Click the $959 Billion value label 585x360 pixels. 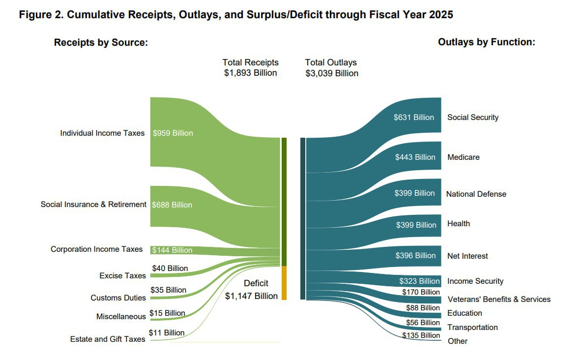[x=173, y=133]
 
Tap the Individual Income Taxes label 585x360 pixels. [x=102, y=133]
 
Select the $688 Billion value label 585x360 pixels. [x=172, y=205]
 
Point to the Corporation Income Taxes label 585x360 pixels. [x=96, y=249]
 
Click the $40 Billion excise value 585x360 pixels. [x=170, y=268]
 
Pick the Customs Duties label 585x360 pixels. [x=118, y=298]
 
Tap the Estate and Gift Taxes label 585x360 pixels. [x=108, y=339]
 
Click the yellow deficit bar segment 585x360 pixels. [x=284, y=283]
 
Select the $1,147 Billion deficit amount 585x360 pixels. [x=251, y=296]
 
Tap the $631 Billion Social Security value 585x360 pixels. [x=414, y=118]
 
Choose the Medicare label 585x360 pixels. [x=463, y=157]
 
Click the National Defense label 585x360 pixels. [x=476, y=194]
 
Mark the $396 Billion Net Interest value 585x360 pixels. [x=415, y=256]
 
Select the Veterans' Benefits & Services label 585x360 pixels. [x=498, y=299]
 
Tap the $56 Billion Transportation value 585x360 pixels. [x=423, y=323]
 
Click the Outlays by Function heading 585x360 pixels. [x=486, y=42]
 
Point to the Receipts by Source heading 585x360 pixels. [x=101, y=43]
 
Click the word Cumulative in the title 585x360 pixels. [x=93, y=15]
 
